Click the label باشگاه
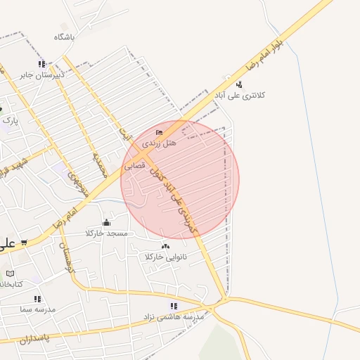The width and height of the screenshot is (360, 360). click(63, 35)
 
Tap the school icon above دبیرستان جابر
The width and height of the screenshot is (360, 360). click(41, 63)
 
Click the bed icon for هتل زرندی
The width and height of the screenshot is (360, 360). click(159, 132)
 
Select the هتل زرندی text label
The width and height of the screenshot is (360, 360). click(160, 142)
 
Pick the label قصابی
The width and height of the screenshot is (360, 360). click(135, 167)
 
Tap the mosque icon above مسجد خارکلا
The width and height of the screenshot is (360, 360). click(106, 223)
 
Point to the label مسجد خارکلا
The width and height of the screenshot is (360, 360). click(107, 233)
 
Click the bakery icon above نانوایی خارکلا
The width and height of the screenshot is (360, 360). click(165, 246)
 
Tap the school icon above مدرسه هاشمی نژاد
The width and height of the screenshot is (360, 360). click(174, 306)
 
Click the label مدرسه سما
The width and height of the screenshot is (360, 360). click(37, 309)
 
